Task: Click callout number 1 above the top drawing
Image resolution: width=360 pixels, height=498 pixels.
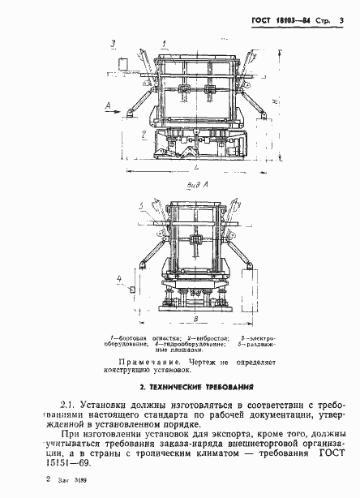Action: click(163, 41)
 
